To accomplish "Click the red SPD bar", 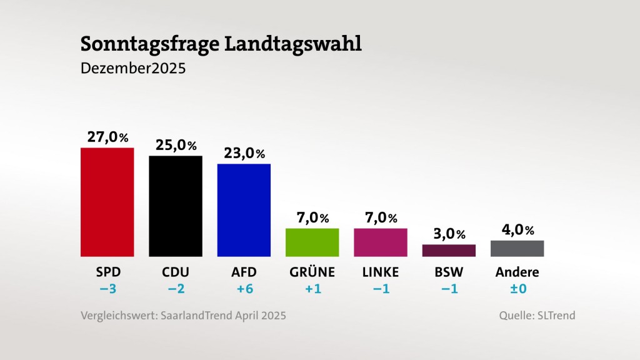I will coord(107,202).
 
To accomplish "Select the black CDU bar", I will coord(175,206).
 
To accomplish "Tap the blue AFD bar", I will coord(244,210).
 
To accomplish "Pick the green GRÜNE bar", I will coord(312,242).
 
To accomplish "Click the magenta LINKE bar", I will coord(380,242).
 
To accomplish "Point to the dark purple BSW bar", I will coord(449,250).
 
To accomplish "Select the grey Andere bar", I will coord(517,248).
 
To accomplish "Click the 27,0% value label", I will coord(107,137).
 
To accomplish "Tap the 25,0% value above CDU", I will coord(176,145).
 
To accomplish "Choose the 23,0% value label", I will coord(244,153).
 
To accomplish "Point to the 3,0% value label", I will coord(449,234).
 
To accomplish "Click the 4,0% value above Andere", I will coord(517,230).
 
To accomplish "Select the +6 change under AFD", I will coord(244,289).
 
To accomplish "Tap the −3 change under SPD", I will coord(107,289).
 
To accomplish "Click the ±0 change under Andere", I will coord(517,289).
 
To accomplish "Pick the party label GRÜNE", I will coord(312,272).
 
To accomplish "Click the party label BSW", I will coord(449,272).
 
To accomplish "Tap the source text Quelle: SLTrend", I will coord(537,316).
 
